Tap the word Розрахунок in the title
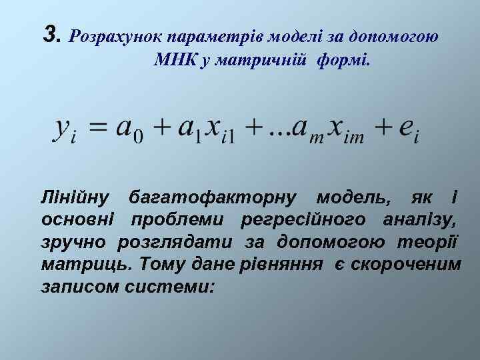(117, 35)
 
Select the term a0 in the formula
(131, 129)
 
